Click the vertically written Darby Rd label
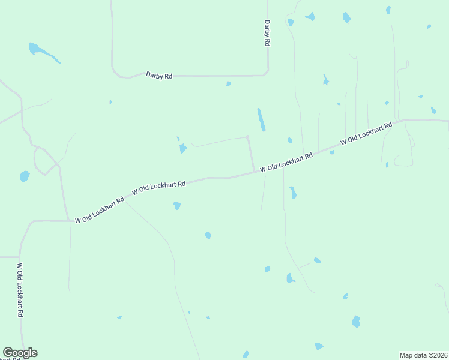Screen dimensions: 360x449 point(267,34)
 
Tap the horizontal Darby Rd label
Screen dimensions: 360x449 point(159,76)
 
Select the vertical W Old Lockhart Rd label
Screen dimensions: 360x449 point(20,290)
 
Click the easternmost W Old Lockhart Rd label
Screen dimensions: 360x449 point(366,134)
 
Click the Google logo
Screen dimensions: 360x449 point(20,353)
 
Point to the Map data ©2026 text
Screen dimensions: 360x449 point(423,355)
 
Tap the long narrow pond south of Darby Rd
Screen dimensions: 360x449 point(261,119)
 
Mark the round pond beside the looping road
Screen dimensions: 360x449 point(25,176)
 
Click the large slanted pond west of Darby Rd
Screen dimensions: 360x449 point(44,53)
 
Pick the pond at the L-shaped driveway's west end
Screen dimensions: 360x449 point(182,148)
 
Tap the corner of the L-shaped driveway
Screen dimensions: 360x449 point(247,137)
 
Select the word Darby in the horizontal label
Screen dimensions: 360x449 point(154,75)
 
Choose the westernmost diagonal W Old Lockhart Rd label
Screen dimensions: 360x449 point(99,209)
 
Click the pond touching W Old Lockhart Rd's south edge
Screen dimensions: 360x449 point(331,152)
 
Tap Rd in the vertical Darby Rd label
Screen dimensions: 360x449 point(267,42)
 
